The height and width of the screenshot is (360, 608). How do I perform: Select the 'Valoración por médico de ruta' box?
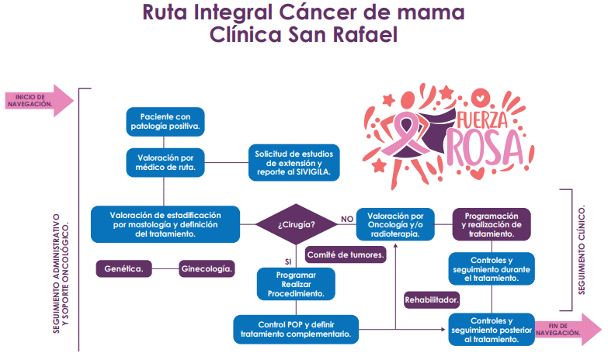coord(165,161)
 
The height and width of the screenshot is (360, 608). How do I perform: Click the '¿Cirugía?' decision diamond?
coord(296,224)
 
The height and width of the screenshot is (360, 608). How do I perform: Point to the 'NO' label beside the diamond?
coord(347,220)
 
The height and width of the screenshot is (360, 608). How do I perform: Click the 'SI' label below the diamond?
coord(289,261)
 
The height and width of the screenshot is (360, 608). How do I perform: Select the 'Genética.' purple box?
coord(123,268)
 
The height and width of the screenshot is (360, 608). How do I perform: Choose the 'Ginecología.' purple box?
coord(207,268)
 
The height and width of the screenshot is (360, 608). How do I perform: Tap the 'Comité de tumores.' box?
coord(346,254)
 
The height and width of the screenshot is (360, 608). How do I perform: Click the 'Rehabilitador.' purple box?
coord(432,299)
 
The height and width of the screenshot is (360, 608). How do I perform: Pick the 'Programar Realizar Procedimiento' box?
coord(295,284)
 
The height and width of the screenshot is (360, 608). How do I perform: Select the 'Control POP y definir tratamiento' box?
coord(296,328)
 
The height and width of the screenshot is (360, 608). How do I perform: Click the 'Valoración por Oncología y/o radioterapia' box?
coord(395,223)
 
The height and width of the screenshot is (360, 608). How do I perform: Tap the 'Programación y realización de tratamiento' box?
coord(492,223)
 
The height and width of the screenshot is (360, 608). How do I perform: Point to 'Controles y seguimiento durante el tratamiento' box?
coord(492,268)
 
